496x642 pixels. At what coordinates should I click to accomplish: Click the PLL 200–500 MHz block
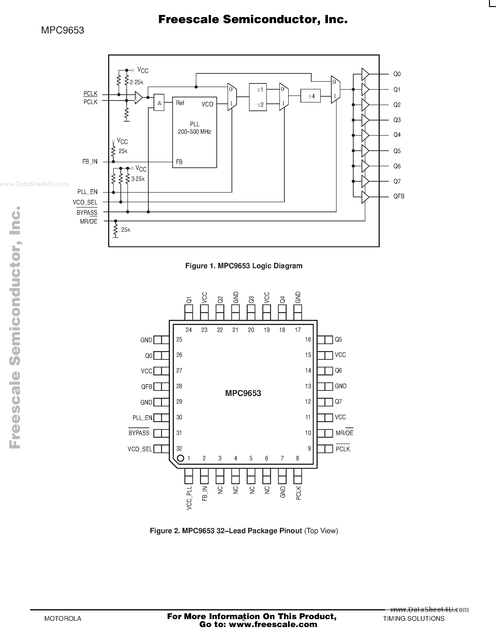pos(194,132)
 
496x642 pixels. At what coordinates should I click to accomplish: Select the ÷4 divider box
pos(310,96)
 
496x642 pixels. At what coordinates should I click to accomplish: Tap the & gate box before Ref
pos(159,102)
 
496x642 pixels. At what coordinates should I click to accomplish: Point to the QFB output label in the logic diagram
pos(399,196)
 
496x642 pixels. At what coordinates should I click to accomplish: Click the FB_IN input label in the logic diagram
pos(90,162)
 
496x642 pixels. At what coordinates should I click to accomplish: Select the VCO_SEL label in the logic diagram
pos(85,202)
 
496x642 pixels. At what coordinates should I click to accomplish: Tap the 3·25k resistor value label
pos(138,179)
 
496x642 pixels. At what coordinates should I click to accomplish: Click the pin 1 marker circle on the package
pos(180,458)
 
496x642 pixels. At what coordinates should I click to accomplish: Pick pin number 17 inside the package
pos(298,330)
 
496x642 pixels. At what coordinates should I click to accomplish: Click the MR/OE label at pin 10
pos(344,433)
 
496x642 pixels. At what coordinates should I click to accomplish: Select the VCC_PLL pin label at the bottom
pos(189,498)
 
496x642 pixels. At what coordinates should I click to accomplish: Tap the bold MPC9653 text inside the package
pos(243,393)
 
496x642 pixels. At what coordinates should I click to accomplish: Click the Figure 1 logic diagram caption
pos(244,266)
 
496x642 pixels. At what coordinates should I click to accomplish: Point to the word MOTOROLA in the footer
pos(63,618)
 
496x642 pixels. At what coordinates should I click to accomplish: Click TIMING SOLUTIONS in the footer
pos(413,618)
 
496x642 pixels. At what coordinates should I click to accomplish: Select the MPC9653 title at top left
pos(62,30)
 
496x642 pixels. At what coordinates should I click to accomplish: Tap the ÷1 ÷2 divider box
pos(258,97)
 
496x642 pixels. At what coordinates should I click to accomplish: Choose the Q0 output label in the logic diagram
pos(397,74)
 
